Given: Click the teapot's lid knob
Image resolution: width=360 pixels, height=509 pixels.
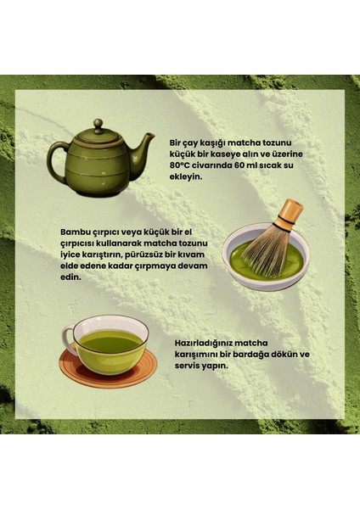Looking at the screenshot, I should point(98,124).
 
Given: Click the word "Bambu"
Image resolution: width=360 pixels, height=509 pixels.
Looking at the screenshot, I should point(76,231).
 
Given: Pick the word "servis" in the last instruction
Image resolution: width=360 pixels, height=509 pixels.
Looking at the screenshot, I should point(187,366).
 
